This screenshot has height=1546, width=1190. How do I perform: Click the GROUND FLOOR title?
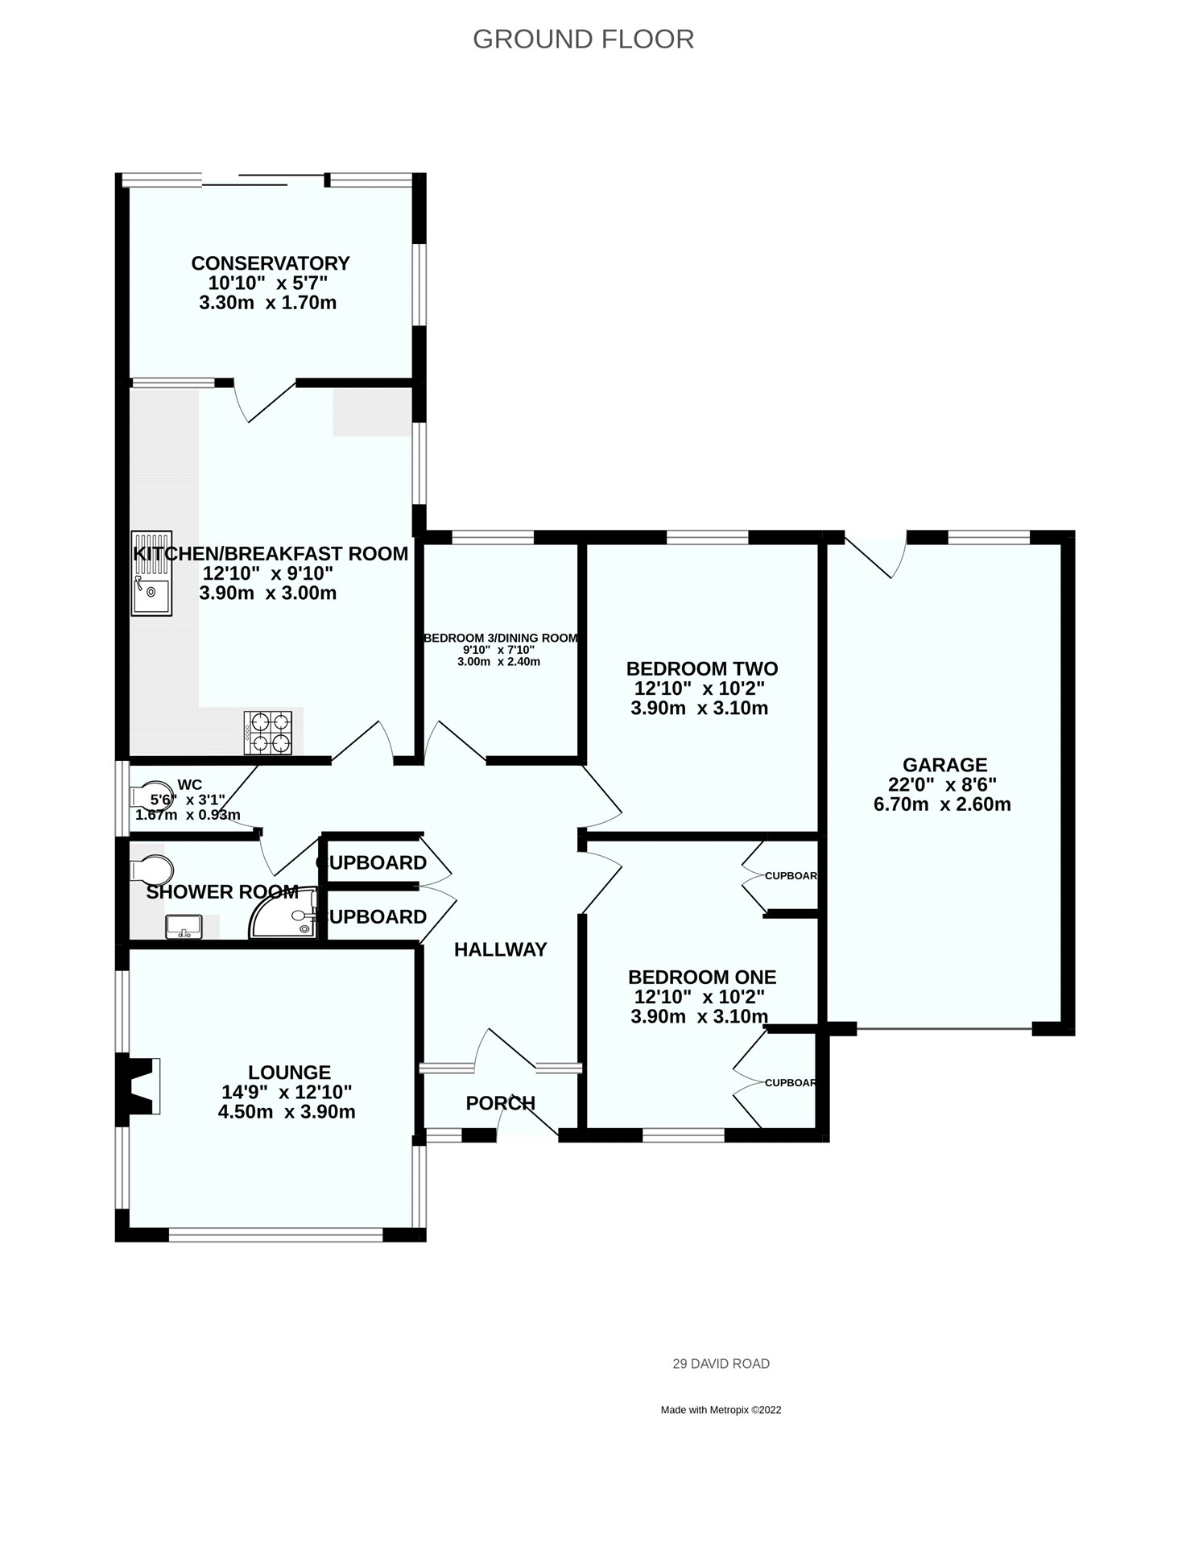point(583,39)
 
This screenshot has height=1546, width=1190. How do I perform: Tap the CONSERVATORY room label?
point(271,263)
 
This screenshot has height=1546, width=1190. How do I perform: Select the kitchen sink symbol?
point(151,573)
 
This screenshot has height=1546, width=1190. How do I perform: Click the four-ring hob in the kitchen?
point(268,731)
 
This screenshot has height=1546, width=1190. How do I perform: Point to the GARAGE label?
point(944,765)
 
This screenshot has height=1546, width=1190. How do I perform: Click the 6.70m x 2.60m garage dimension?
point(942,804)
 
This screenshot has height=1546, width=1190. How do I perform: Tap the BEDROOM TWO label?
point(702,668)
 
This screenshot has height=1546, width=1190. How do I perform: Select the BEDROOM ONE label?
point(702,977)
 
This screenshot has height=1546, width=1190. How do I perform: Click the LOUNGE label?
point(289,1073)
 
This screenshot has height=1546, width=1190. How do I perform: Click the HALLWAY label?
point(500,949)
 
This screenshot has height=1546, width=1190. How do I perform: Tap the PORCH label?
point(500,1103)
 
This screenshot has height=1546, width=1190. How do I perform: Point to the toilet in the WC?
point(151,796)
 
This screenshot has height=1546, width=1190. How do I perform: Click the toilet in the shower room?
point(151,870)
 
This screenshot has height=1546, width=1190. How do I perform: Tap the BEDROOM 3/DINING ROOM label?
point(500,638)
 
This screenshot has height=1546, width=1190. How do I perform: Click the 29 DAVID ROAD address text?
point(721,1364)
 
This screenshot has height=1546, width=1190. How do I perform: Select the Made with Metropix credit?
point(721,1410)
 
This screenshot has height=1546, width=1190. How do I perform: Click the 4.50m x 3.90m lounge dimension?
point(287,1112)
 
